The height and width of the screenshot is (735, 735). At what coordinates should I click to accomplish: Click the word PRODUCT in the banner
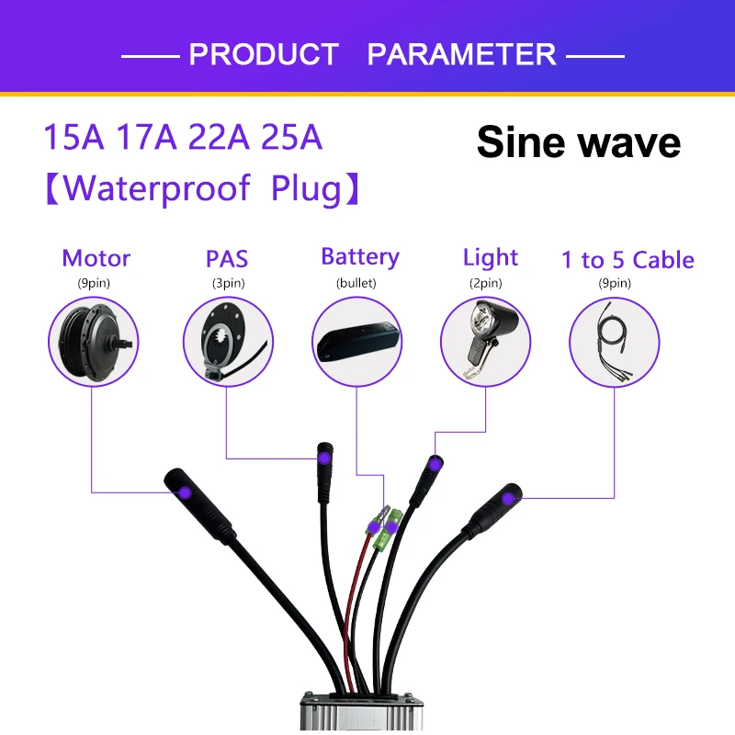[x=263, y=54]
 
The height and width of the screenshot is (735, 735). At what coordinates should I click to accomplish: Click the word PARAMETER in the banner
[x=461, y=54]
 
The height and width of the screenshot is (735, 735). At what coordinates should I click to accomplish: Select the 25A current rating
[x=291, y=138]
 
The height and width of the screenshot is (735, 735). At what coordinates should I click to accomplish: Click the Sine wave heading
[x=579, y=142]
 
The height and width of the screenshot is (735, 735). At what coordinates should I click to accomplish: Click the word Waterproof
[x=157, y=188]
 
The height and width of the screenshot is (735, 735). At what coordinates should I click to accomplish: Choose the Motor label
[x=96, y=258]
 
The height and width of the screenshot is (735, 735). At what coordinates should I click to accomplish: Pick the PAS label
[x=227, y=258]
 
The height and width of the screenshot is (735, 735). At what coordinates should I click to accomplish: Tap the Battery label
[x=359, y=256]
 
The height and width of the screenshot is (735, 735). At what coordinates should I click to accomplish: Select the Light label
[x=491, y=257]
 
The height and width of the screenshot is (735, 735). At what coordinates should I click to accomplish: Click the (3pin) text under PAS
[x=227, y=283]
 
